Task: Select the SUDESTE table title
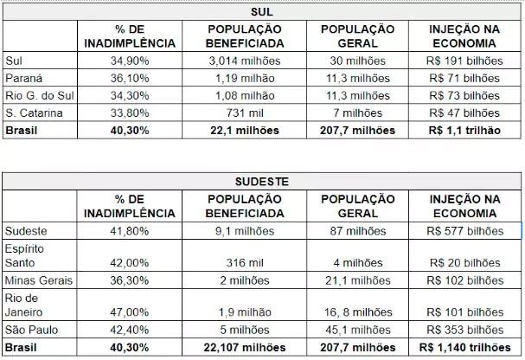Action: pyautogui.click(x=261, y=182)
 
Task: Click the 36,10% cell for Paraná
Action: pyautogui.click(x=129, y=77)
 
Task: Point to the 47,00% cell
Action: pyautogui.click(x=129, y=312)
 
